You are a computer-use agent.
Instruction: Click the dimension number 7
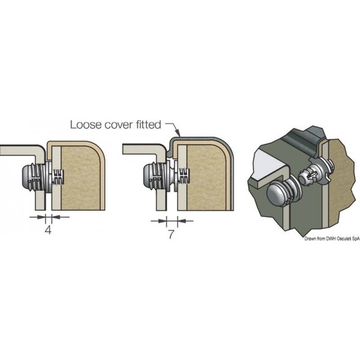coord(171,235)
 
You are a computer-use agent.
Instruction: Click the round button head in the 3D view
coord(277,196)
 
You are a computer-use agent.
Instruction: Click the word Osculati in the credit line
coord(338,238)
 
